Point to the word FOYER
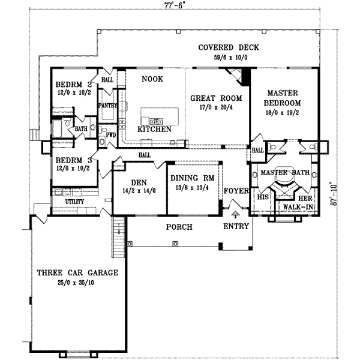coord(236,191)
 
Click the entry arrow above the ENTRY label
coord(235,212)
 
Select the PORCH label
coord(179,227)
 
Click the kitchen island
coord(160,115)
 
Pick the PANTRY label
coord(107,105)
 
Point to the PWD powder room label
coord(111,135)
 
